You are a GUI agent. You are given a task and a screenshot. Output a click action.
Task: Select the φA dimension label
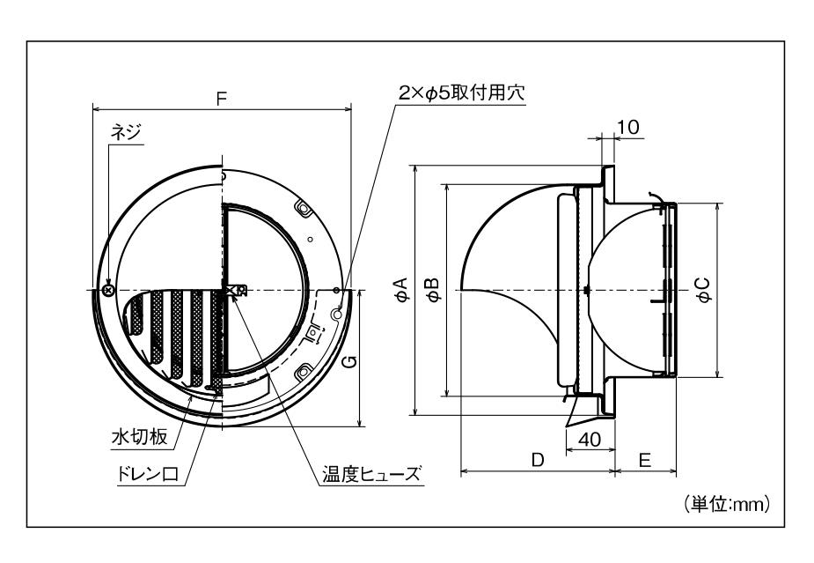pyautogui.click(x=400, y=289)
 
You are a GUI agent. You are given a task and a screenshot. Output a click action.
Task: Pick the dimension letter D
pyautogui.click(x=537, y=459)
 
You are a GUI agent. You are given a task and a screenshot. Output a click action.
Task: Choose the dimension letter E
pyautogui.click(x=645, y=459)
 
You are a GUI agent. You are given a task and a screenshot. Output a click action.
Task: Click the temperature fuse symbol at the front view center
pyautogui.click(x=234, y=290)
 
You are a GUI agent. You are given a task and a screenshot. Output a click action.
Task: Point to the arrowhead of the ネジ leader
pyautogui.click(x=108, y=282)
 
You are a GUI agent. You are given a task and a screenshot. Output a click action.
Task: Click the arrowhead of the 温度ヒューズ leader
pyautogui.click(x=235, y=297)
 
